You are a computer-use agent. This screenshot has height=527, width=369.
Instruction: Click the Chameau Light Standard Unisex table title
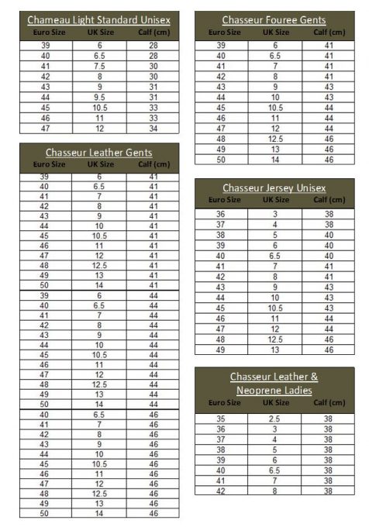(x=98, y=19)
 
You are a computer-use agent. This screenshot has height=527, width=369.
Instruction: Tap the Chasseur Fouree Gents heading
(x=274, y=19)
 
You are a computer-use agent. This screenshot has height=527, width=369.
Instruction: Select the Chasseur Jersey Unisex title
(x=274, y=188)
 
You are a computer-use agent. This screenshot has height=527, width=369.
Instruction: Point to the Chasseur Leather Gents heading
(x=98, y=153)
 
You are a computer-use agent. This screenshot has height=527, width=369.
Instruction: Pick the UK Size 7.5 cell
(x=99, y=67)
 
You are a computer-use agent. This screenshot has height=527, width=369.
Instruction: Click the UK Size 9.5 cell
(x=99, y=97)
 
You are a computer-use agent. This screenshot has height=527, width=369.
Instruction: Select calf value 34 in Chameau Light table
(x=153, y=128)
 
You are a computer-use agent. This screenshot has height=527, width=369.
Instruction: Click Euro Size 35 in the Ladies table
(x=221, y=419)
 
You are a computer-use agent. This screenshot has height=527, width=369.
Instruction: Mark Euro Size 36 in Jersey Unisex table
(x=221, y=215)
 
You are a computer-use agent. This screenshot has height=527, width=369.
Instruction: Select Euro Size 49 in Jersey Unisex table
(x=221, y=350)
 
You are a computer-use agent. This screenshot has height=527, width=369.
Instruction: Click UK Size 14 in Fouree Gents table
(x=274, y=159)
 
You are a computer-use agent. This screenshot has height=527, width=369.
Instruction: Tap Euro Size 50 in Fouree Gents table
(x=221, y=159)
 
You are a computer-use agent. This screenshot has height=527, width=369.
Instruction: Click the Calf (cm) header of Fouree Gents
(x=329, y=32)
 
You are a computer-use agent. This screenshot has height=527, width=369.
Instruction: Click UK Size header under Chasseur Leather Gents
(x=100, y=164)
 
